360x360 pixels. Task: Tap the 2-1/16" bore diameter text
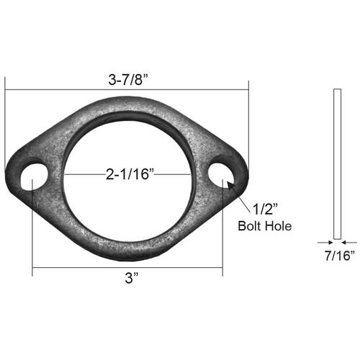pyautogui.click(x=127, y=174)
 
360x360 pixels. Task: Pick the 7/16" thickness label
pyautogui.click(x=337, y=256)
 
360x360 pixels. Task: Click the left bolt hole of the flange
pyautogui.click(x=32, y=177)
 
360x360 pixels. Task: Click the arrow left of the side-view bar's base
pyautogui.click(x=328, y=241)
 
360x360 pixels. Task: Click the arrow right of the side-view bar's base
pyautogui.click(x=345, y=241)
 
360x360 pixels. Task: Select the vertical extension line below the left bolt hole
pyautogui.click(x=32, y=230)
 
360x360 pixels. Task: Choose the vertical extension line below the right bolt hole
pyautogui.click(x=222, y=230)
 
